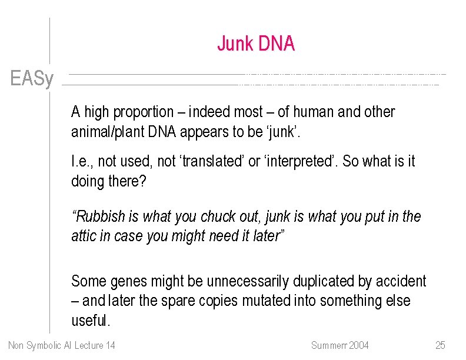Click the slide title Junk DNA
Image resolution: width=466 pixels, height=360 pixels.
click(255, 44)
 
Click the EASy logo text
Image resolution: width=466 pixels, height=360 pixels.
click(32, 78)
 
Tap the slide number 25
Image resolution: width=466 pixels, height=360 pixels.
click(440, 345)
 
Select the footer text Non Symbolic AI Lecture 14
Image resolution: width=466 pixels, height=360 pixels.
click(62, 345)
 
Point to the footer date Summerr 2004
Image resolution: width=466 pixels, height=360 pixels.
click(339, 345)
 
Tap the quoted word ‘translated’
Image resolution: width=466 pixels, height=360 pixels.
click(212, 161)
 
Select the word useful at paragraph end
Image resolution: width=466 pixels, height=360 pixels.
click(89, 321)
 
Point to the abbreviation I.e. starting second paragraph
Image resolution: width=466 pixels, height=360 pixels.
click(80, 161)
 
